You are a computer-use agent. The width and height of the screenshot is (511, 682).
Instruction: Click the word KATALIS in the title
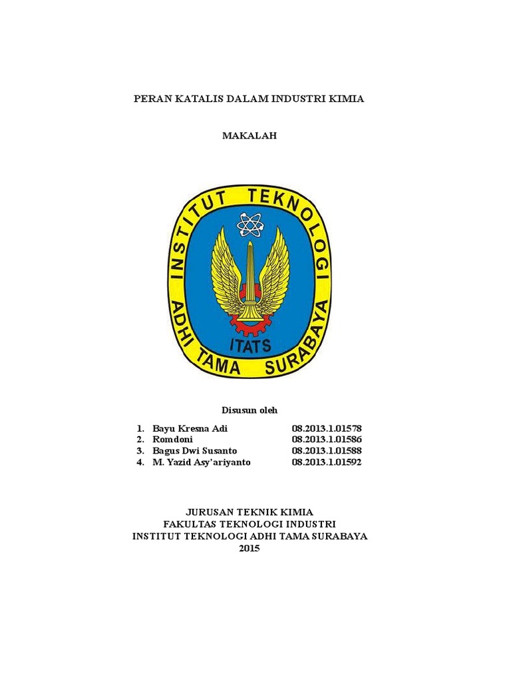coord(198,99)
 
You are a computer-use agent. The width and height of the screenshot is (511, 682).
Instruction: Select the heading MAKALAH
coord(249,135)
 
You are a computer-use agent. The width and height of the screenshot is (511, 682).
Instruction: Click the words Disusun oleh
coord(249,410)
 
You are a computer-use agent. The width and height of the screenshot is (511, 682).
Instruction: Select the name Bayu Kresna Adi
coord(190,428)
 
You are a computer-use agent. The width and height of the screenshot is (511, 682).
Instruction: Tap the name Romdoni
coord(172,440)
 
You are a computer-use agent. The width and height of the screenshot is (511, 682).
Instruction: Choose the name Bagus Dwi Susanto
coord(194,451)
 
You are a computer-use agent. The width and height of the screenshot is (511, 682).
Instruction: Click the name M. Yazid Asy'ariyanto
coord(202,462)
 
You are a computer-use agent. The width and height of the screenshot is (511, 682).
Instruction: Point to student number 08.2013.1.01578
coord(326,428)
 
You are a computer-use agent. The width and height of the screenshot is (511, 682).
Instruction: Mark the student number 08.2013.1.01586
coord(326,440)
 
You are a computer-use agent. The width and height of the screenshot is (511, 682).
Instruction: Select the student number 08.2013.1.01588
coord(326,451)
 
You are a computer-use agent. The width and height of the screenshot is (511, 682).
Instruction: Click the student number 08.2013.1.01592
coord(326,462)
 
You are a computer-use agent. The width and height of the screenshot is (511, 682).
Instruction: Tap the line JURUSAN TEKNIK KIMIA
coord(249,512)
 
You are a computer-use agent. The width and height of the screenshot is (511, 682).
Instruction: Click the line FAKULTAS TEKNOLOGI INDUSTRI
coord(250,524)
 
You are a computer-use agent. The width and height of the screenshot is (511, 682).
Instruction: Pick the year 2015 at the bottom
coord(250,548)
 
